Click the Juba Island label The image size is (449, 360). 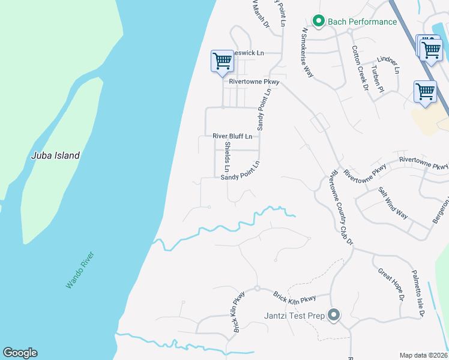55,155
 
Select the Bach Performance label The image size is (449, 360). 362,22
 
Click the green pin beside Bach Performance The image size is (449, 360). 319,22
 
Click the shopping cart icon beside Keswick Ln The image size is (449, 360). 221,61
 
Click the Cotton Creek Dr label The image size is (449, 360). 360,68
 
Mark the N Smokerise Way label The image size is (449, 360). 308,52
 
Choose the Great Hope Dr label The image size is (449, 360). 392,284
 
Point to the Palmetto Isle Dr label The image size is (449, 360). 418,293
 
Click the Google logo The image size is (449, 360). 20,353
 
